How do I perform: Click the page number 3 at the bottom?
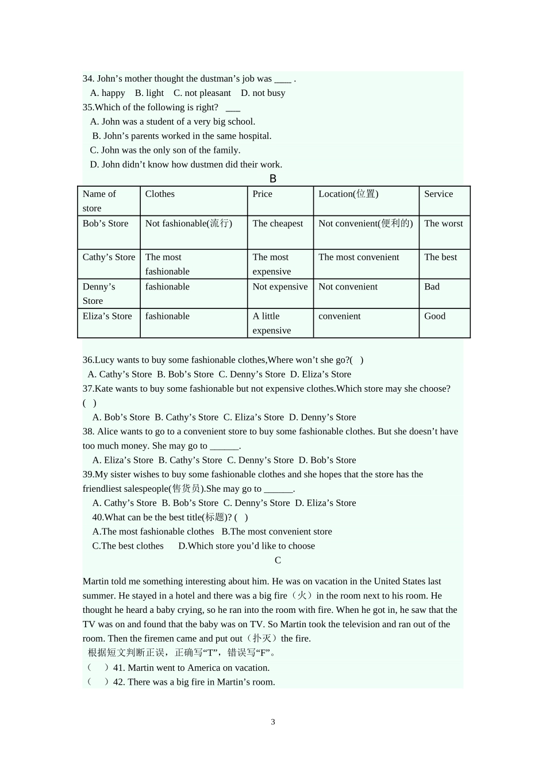(273, 722)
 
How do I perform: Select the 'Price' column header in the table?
(263, 194)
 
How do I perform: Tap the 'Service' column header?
(439, 194)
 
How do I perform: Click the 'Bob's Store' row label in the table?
(105, 223)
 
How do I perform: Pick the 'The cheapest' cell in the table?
(278, 223)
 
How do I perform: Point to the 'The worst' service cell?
(443, 223)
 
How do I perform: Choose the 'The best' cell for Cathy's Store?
(440, 257)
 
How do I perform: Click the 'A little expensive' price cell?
(272, 323)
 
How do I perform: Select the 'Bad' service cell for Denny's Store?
(432, 287)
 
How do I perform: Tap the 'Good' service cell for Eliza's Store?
(435, 316)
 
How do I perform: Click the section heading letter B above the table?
(273, 179)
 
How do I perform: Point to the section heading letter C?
(278, 560)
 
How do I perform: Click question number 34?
(89, 79)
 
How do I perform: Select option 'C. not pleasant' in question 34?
(202, 93)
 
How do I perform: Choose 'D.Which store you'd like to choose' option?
(247, 546)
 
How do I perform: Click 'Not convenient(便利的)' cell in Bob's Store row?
(366, 223)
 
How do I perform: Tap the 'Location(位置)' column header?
(348, 194)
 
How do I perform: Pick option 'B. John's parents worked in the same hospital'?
(182, 136)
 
